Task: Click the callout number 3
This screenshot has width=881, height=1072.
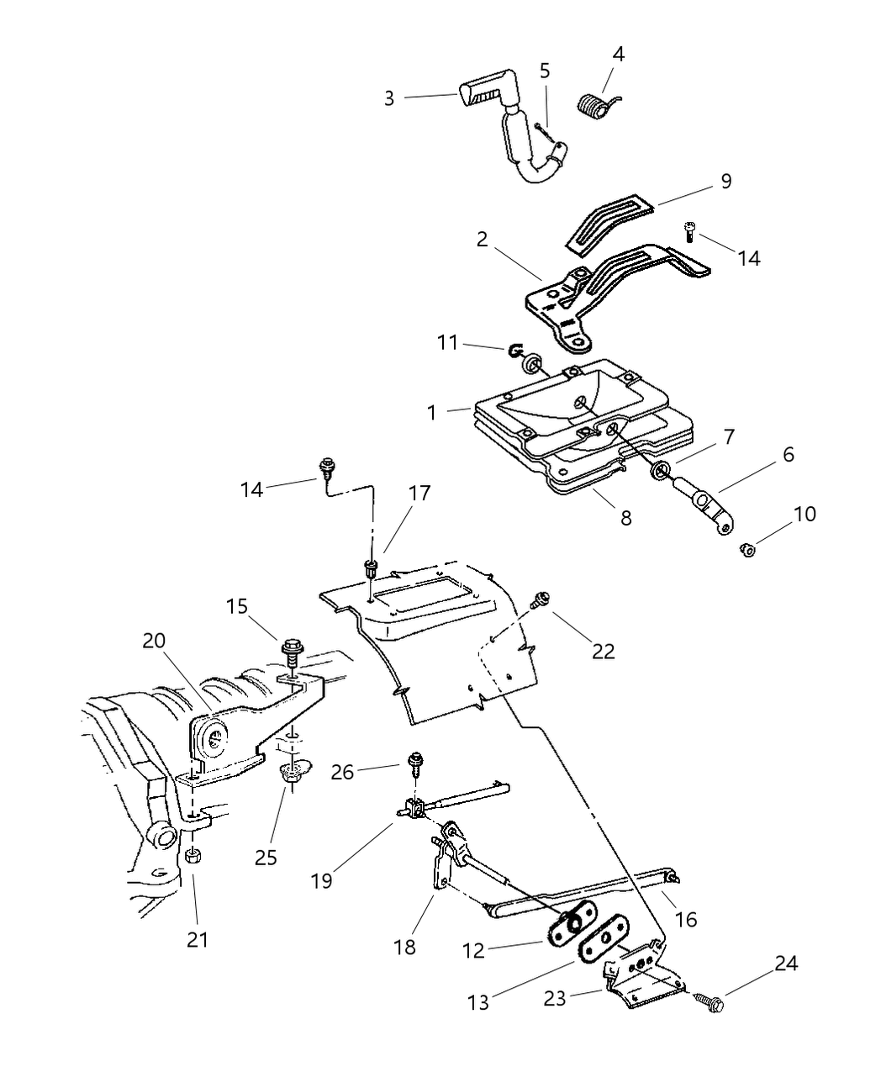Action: click(388, 98)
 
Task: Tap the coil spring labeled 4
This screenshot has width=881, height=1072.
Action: click(596, 106)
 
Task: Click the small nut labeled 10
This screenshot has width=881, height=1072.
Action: click(745, 550)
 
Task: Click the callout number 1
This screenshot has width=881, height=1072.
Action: click(431, 413)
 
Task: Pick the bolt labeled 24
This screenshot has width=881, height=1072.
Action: click(709, 1001)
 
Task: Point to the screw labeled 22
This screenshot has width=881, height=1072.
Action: click(539, 599)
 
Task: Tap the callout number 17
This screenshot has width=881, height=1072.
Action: click(419, 493)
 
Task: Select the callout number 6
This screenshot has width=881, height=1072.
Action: click(788, 455)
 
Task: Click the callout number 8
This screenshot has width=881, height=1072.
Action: click(625, 518)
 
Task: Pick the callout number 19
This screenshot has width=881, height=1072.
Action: click(321, 880)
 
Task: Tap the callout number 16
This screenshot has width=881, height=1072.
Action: click(686, 919)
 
